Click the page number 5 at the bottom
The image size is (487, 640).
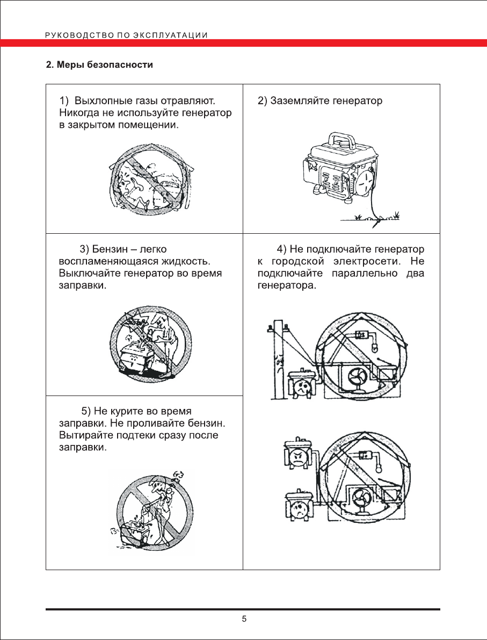point(244,619)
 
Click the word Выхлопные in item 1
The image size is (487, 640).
point(99,100)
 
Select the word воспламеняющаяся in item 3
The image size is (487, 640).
point(105,261)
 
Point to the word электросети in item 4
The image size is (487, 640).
point(365,261)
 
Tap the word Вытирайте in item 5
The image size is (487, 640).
point(83,435)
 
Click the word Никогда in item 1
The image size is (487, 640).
point(78,113)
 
